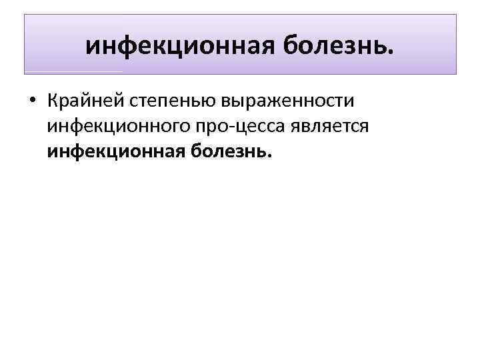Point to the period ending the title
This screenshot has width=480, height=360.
391,51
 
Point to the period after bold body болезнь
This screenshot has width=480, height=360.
270,155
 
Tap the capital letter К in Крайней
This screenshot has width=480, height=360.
53,102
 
